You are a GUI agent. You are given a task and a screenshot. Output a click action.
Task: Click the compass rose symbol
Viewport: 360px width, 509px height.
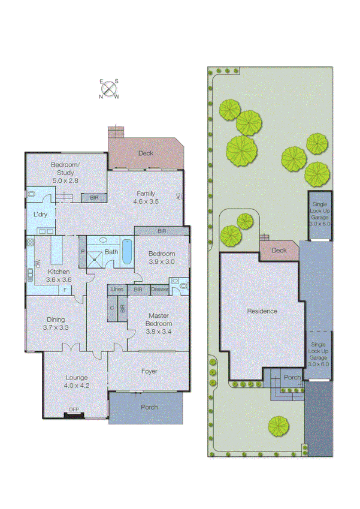108,89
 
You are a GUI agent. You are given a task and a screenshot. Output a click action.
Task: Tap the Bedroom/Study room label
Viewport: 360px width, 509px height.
65,173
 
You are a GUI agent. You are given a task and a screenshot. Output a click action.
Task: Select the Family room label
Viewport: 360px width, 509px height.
146,198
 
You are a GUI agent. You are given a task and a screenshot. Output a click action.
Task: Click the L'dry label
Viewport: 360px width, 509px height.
40,214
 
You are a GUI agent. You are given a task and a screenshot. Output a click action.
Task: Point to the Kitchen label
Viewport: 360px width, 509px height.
59,275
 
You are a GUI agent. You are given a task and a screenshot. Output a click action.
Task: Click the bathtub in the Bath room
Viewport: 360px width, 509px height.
126,252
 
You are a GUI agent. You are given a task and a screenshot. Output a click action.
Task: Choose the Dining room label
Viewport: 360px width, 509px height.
56,324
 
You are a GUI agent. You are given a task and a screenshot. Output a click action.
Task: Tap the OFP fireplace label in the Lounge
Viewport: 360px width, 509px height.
74,410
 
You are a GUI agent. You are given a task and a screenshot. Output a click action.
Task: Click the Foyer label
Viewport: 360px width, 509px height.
149,371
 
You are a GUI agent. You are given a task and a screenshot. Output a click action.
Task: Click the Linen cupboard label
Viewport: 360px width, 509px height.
117,290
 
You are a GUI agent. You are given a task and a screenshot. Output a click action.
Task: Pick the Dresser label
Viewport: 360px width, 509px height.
159,290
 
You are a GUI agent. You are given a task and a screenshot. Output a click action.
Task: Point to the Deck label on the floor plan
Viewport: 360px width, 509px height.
146,153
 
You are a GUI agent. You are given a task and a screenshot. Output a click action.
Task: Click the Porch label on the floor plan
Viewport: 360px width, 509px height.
149,408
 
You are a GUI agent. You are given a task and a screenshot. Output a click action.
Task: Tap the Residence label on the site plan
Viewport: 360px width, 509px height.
262,311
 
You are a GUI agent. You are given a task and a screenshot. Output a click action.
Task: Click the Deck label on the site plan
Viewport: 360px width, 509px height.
279,251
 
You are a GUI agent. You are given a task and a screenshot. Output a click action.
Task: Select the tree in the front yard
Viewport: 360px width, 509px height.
279,426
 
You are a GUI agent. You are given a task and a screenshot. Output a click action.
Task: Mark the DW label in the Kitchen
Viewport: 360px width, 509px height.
38,264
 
